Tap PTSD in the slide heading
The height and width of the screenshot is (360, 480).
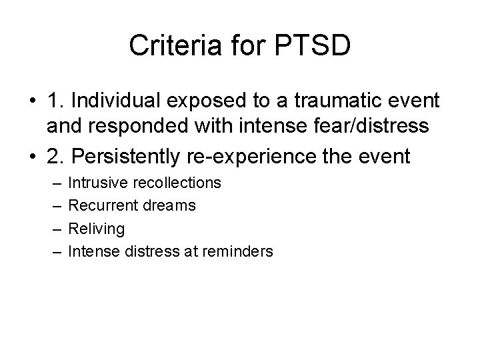(x=315, y=46)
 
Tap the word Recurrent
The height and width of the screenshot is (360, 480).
(x=99, y=205)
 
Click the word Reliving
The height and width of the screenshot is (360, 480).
(x=96, y=229)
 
